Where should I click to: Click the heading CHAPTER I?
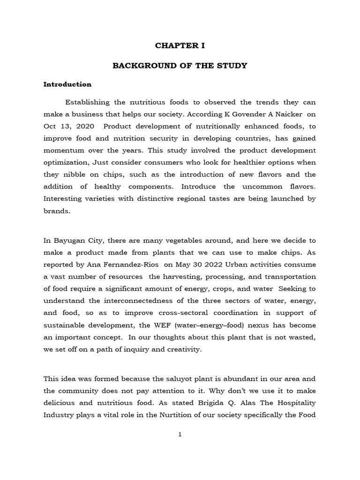(x=180, y=46)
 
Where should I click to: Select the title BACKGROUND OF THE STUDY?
(x=180, y=66)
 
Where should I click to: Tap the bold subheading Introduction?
(x=67, y=85)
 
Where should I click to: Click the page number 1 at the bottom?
(x=180, y=435)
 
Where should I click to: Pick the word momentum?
(x=62, y=150)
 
